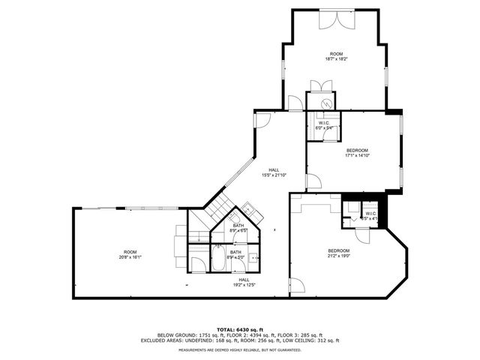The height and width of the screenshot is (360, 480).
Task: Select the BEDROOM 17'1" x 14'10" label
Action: tap(357, 153)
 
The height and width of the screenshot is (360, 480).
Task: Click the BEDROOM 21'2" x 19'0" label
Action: tap(338, 253)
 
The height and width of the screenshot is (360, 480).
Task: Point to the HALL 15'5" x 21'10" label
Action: tap(270, 172)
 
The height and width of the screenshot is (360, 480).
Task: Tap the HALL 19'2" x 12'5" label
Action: tap(238, 281)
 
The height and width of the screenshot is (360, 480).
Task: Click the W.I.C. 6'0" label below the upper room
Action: tap(324, 125)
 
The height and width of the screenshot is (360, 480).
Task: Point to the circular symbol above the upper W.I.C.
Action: tap(327, 104)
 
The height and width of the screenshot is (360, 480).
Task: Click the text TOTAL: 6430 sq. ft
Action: tap(239, 328)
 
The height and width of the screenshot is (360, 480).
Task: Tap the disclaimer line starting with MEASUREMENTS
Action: tap(239, 349)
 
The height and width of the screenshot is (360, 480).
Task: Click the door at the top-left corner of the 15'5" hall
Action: tap(262, 119)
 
